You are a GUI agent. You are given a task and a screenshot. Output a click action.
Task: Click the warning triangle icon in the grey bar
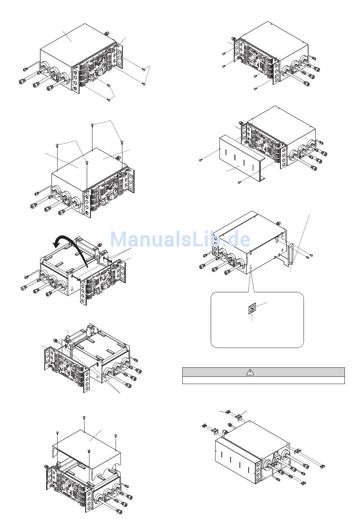click(x=250, y=372)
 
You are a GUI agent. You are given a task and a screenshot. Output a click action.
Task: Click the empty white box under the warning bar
click(x=263, y=380)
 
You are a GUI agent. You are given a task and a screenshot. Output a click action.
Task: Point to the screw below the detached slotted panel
click(x=239, y=182)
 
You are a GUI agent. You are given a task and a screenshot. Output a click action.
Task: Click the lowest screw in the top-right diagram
click(x=255, y=89)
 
